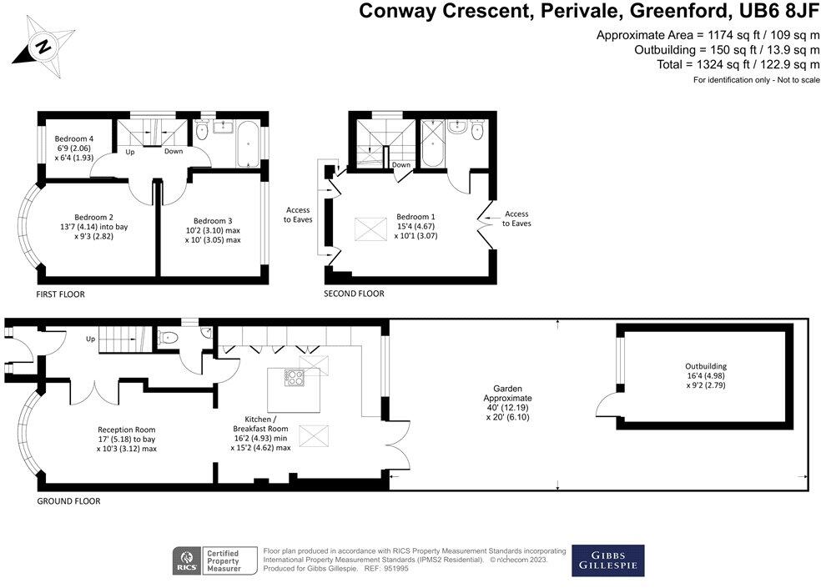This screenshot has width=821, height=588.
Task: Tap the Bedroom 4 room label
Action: pyautogui.click(x=73, y=148)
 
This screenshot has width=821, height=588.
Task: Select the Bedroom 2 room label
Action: pyautogui.click(x=93, y=227)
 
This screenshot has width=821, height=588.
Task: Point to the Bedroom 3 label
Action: pyautogui.click(x=213, y=230)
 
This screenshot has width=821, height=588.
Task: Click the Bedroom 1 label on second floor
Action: pyautogui.click(x=416, y=226)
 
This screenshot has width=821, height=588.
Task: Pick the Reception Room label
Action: pyautogui.click(x=126, y=440)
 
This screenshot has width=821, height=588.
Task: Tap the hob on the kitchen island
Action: pyautogui.click(x=295, y=378)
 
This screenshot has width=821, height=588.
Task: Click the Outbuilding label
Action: pyautogui.click(x=706, y=376)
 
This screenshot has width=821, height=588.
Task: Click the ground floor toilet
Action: pyautogui.click(x=168, y=338)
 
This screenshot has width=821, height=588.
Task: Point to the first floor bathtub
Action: pyautogui.click(x=247, y=144)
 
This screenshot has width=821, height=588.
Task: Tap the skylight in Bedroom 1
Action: pyautogui.click(x=370, y=229)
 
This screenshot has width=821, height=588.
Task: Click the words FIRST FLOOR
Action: pyautogui.click(x=60, y=294)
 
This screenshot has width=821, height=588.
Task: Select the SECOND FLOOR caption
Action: pyautogui.click(x=354, y=294)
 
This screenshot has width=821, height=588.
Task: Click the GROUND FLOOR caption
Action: pyautogui.click(x=68, y=501)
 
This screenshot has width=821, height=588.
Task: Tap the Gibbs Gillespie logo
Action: pyautogui.click(x=608, y=560)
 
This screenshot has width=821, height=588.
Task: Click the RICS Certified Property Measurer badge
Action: pyautogui.click(x=214, y=560)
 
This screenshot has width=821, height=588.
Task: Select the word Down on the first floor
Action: pyautogui.click(x=174, y=151)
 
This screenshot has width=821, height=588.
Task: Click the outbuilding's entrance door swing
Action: pyautogui.click(x=607, y=405)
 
